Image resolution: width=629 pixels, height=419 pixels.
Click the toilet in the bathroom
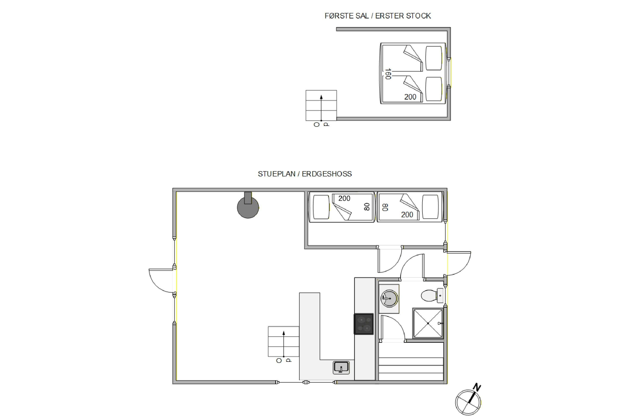[x=432, y=296]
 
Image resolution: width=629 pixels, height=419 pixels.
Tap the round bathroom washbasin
[x=389, y=299]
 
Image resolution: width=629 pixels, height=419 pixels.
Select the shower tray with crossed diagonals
[x=428, y=323]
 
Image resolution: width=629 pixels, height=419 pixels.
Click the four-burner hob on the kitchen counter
[x=364, y=324]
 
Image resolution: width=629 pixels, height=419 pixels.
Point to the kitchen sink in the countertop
[x=341, y=367]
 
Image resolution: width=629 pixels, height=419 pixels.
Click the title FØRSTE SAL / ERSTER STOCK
[x=378, y=16]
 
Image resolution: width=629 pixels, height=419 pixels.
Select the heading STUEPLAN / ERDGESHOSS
[x=305, y=174]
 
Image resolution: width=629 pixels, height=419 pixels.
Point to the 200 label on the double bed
[x=410, y=97]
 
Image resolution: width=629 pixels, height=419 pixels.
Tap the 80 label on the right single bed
[x=385, y=207]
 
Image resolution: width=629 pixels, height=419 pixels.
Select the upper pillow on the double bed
[x=434, y=58]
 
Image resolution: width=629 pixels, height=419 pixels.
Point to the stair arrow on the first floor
[x=321, y=108]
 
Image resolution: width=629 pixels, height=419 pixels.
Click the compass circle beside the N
[x=468, y=402]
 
